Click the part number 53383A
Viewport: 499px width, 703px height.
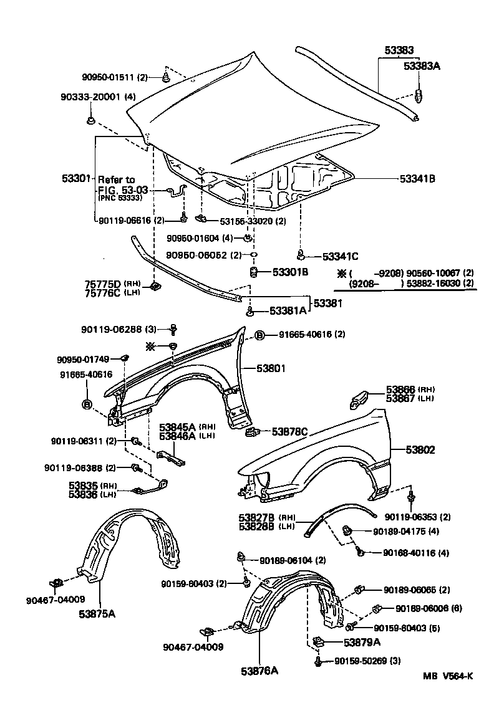pyautogui.click(x=422, y=65)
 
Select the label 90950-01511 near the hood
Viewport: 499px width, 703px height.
pyautogui.click(x=109, y=77)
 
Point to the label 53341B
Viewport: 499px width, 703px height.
pyautogui.click(x=417, y=178)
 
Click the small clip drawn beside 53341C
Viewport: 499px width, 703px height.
pyautogui.click(x=301, y=254)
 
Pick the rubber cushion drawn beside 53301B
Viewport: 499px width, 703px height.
pyautogui.click(x=254, y=272)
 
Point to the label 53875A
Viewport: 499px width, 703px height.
pyautogui.click(x=97, y=613)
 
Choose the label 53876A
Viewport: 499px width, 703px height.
pyautogui.click(x=259, y=671)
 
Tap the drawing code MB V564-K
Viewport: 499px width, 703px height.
pyautogui.click(x=447, y=677)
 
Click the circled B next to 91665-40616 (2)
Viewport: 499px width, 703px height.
pyautogui.click(x=259, y=335)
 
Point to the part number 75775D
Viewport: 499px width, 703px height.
pyautogui.click(x=102, y=284)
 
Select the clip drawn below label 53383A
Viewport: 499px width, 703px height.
pyautogui.click(x=419, y=95)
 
